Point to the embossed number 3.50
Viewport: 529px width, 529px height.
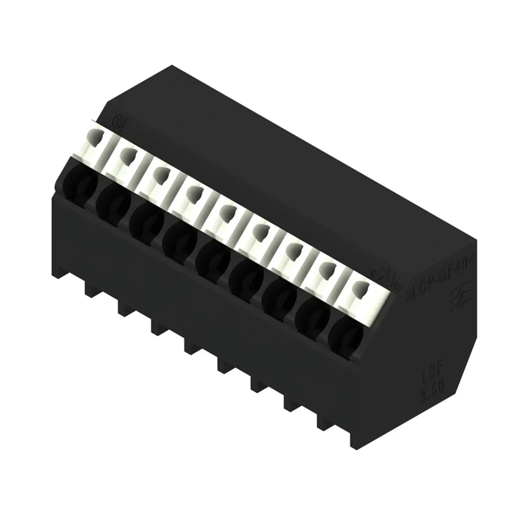433,386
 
